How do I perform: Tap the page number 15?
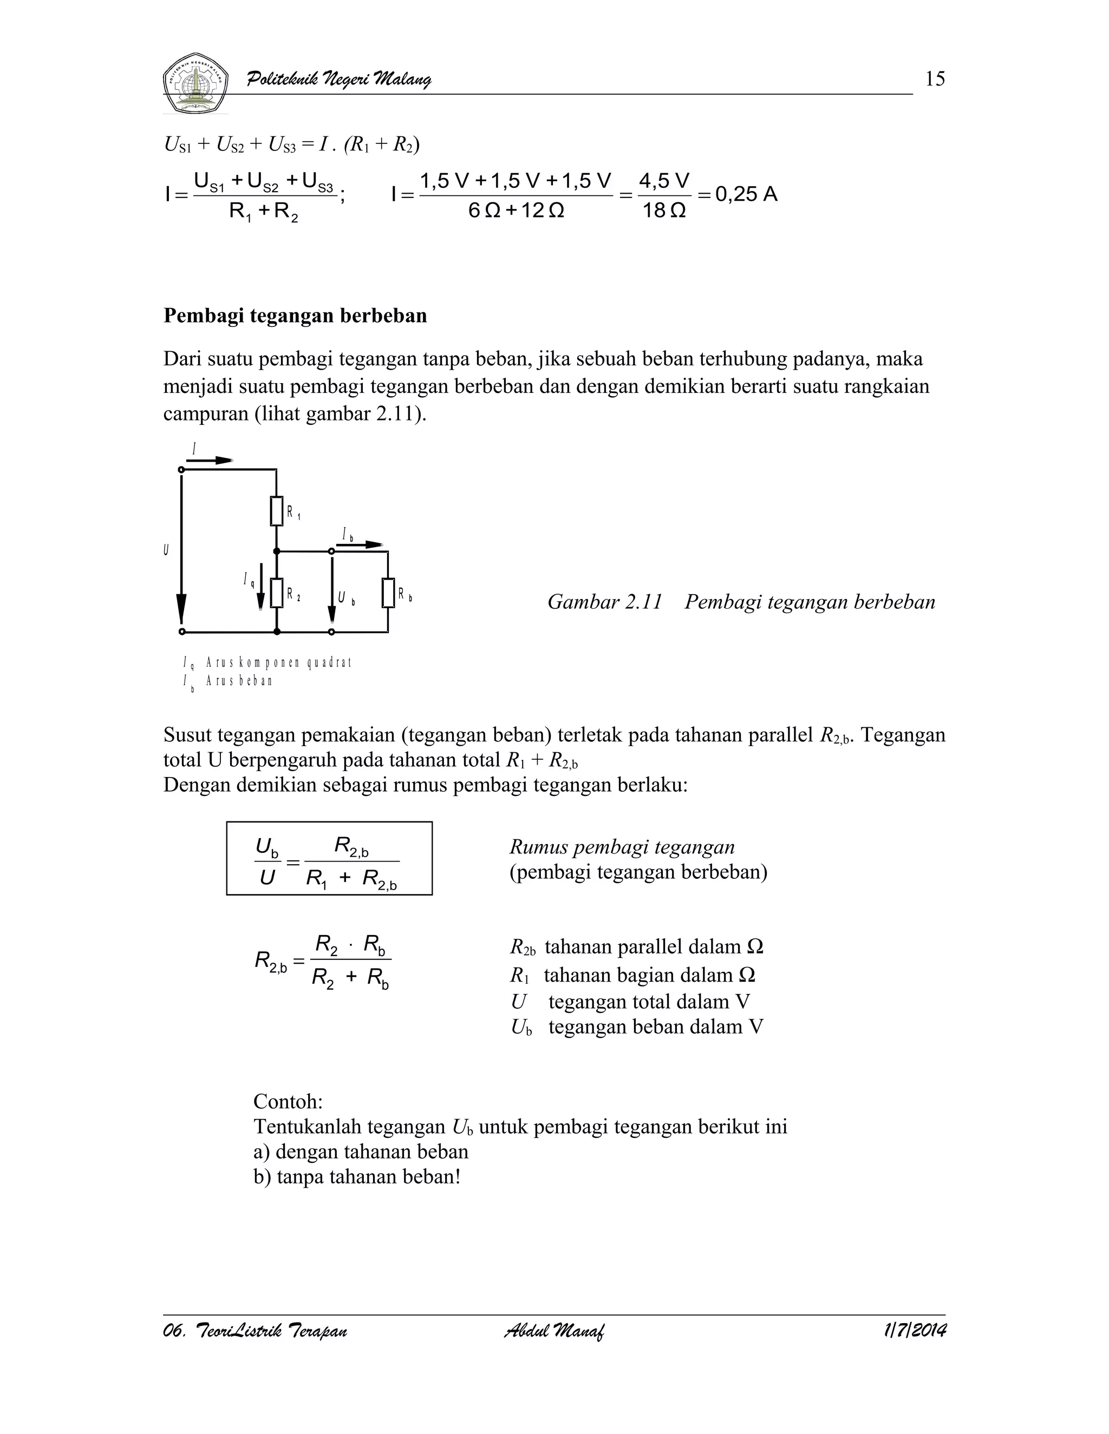tap(934, 80)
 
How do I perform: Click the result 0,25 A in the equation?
tap(746, 194)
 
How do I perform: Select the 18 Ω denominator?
tap(664, 212)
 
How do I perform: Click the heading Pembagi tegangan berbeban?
tap(295, 316)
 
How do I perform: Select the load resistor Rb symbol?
tap(388, 594)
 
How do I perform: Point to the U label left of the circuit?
tap(166, 550)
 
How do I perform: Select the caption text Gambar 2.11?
tap(604, 602)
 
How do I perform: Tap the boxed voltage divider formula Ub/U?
tap(329, 858)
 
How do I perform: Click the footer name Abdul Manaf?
tap(554, 1331)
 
